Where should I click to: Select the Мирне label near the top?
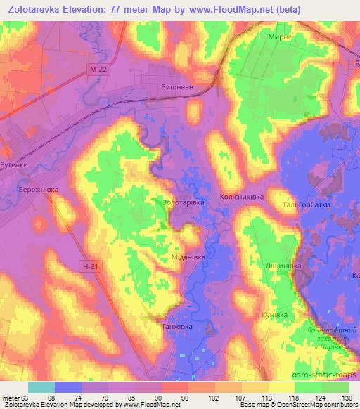pos(279,37)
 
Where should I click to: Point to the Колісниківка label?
pos(241,197)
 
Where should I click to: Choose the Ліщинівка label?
pos(283,266)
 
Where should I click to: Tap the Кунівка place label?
pos(274,316)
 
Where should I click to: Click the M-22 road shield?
pos(100,70)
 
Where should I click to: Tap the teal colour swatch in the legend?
pos(41,387)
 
